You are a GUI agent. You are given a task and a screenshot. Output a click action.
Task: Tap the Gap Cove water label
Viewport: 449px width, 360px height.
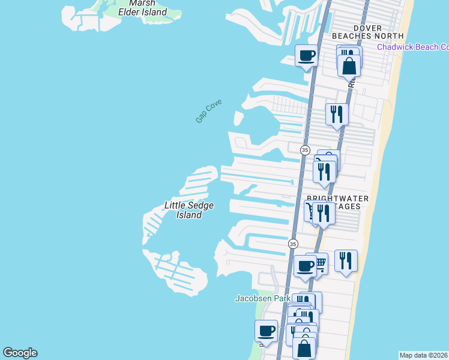pos(208,111)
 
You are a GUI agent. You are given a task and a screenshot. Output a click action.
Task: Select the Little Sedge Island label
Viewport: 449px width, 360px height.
pos(189,210)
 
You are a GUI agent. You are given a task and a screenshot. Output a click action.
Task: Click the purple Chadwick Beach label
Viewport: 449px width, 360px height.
pos(412,47)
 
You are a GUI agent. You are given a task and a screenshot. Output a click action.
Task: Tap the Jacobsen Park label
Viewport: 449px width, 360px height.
pos(262,298)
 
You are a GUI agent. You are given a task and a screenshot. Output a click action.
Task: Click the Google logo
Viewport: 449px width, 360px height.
pos(20,353)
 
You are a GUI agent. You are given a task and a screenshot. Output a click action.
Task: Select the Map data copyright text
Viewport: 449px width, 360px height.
pos(424,355)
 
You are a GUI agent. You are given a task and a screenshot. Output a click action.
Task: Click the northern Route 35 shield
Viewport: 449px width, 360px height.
pos(305,150)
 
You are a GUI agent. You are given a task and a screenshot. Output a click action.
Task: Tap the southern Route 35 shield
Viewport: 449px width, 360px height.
pos(292,244)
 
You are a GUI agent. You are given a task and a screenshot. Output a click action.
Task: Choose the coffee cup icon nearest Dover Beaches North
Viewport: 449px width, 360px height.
pos(307,56)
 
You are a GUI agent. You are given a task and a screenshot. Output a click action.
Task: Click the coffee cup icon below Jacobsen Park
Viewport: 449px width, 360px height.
pos(266,331)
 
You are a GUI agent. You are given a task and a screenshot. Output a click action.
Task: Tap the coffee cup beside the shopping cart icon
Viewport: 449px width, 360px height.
pos(304,266)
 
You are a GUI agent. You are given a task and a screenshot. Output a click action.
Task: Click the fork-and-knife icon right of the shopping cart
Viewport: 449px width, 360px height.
pos(346,260)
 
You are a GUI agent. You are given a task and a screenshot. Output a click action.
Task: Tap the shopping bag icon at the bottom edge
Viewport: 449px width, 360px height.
pos(304,348)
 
